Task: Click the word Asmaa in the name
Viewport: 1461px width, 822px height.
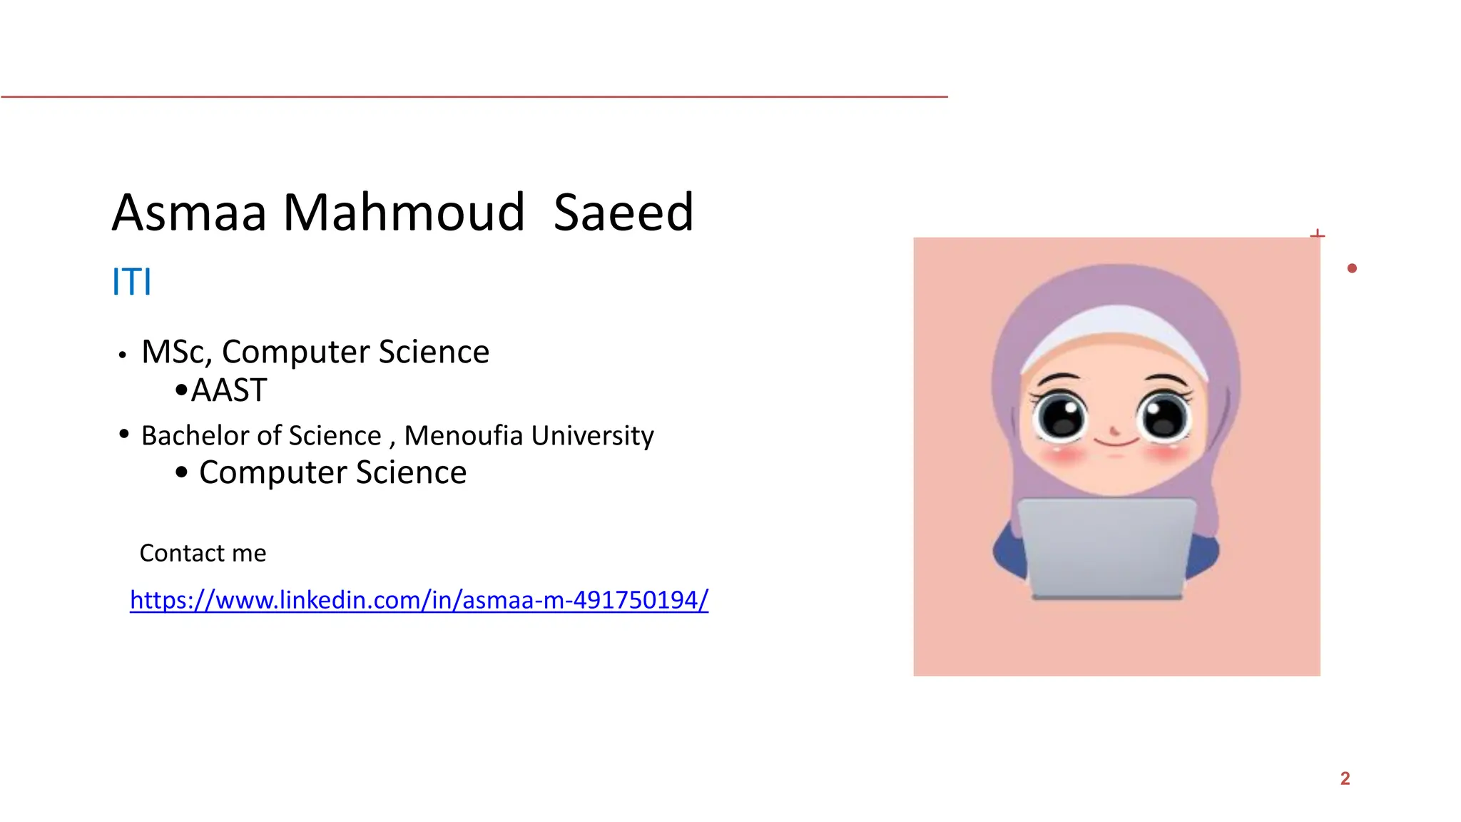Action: coord(189,213)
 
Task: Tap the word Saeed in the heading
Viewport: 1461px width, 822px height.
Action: coord(623,213)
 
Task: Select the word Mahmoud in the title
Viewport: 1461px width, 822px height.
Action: coord(404,213)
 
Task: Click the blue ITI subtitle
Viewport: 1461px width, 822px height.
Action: coord(132,282)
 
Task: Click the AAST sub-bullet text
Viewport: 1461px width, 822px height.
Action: coord(229,390)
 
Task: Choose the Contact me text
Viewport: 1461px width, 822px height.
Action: coord(203,553)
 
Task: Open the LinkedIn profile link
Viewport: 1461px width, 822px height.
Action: coord(419,600)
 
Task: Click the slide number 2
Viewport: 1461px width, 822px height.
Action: coord(1345,778)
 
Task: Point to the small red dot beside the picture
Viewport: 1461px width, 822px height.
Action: coord(1352,268)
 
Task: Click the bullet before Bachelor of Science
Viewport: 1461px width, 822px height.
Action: coord(124,434)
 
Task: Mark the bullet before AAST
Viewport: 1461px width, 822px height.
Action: coord(181,390)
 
